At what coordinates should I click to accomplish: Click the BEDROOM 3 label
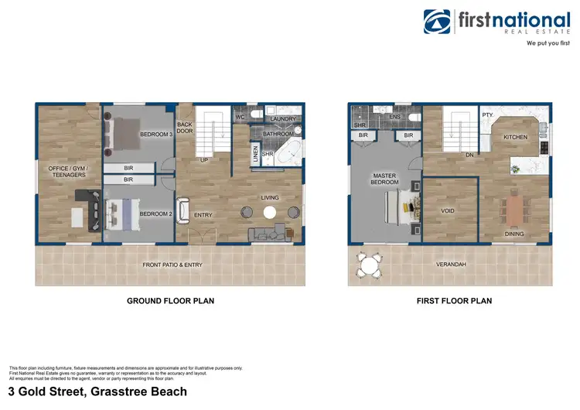point(155,135)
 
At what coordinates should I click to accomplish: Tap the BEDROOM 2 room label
point(155,214)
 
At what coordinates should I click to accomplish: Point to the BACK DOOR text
point(184,127)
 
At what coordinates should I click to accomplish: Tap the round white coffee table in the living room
point(271,214)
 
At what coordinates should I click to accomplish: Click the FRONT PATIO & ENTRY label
point(172,265)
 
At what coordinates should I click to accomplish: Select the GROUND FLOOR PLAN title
point(170,301)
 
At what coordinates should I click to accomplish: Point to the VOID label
point(448,210)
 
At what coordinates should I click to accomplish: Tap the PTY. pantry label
point(488,115)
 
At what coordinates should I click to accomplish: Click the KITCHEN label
point(516,137)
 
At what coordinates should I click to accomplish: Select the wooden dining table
point(514,209)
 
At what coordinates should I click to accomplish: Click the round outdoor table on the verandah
point(370,266)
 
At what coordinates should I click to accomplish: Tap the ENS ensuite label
point(393,117)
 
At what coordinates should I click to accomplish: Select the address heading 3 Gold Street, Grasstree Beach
point(97,392)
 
